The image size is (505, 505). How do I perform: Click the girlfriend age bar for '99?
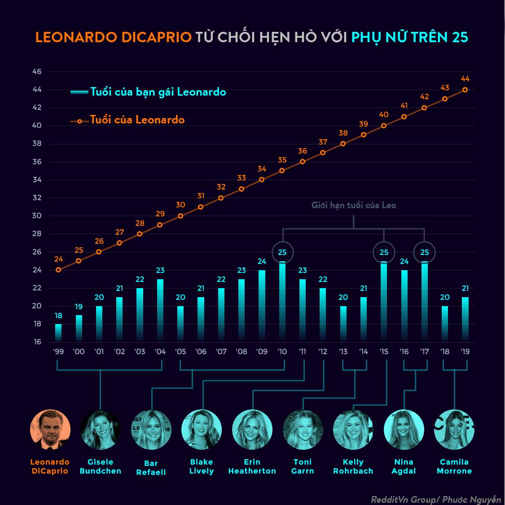click(x=58, y=333)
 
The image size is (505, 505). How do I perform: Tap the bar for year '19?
click(x=465, y=319)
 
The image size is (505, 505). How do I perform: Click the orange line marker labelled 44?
click(x=465, y=90)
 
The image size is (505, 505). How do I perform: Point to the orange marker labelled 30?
click(x=180, y=216)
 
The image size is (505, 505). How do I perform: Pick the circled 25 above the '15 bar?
click(x=384, y=252)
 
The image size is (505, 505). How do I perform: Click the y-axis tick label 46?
click(x=37, y=72)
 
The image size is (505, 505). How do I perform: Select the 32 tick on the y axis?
click(x=37, y=198)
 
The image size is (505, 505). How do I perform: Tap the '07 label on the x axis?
click(x=221, y=352)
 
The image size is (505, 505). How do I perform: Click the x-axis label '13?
click(x=343, y=352)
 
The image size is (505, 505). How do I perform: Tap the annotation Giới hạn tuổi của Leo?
click(x=354, y=205)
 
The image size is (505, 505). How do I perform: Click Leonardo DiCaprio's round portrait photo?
click(x=50, y=430)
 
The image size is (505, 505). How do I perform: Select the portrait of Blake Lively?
click(x=202, y=430)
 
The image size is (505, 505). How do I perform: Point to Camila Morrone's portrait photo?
click(x=454, y=430)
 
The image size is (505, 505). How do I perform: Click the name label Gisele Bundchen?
click(x=100, y=466)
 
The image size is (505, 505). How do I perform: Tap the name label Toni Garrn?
click(x=303, y=466)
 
